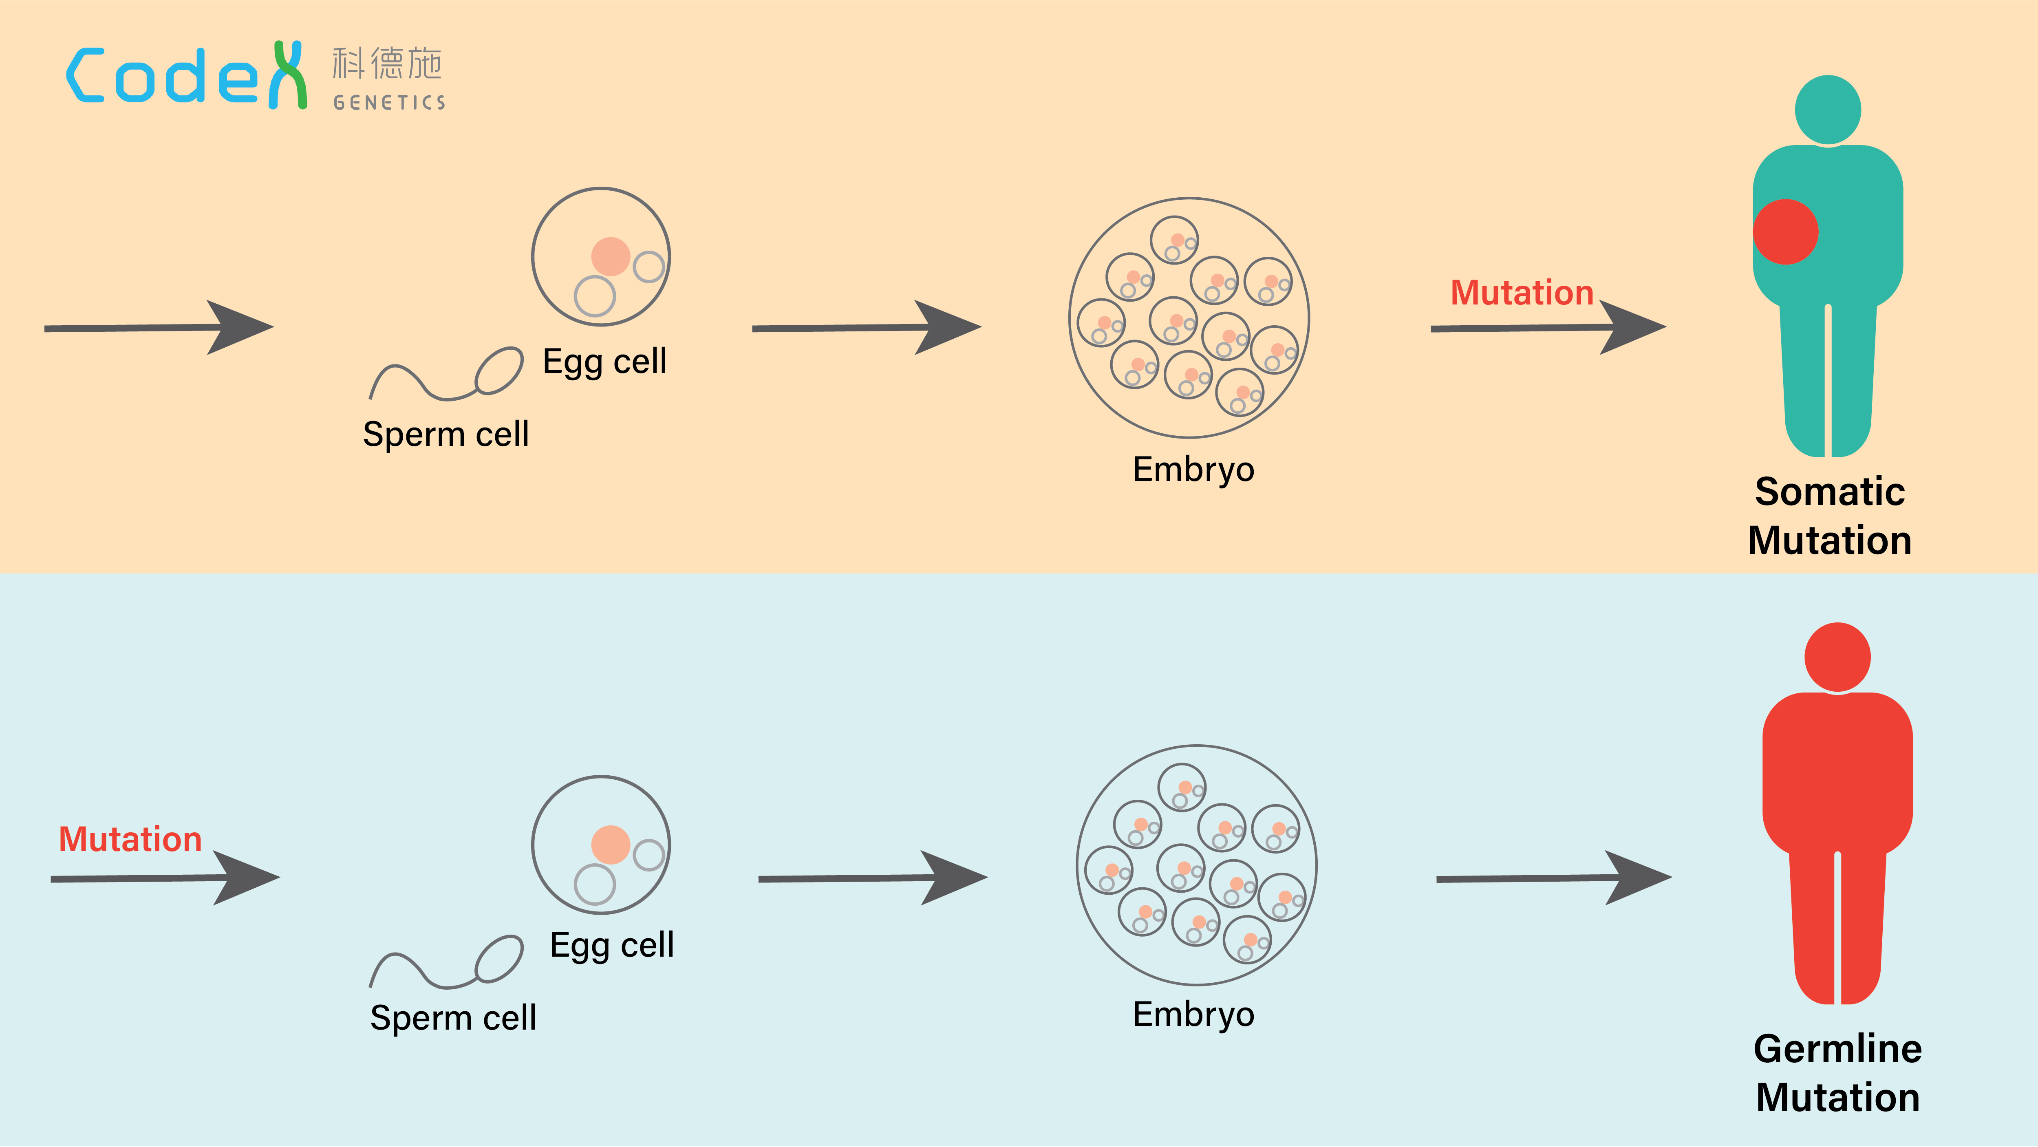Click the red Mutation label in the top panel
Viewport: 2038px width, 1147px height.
[1521, 293]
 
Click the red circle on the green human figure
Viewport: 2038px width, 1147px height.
[1786, 232]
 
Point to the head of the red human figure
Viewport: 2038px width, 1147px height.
[1837, 657]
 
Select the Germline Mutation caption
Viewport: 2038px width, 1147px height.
[1837, 1073]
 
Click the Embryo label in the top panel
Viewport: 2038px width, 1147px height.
[1193, 469]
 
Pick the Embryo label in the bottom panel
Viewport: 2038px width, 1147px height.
[1193, 1014]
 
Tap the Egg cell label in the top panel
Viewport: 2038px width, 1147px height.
[604, 362]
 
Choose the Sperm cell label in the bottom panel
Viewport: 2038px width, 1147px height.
[452, 1017]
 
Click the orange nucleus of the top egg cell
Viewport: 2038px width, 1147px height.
[610, 256]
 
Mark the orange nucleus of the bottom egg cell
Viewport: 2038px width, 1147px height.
[610, 844]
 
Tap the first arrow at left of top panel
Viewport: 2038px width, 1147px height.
[158, 327]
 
